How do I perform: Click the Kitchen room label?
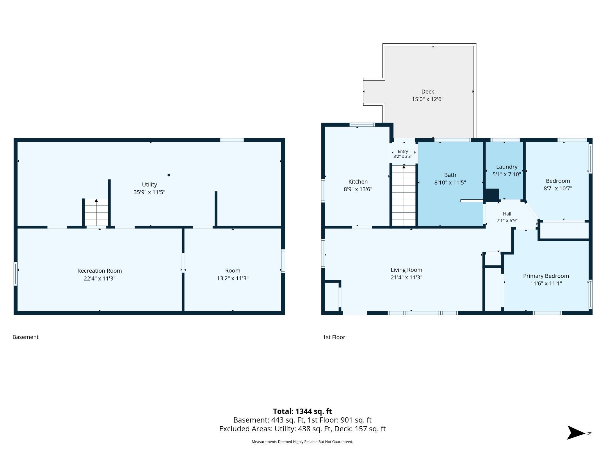358,182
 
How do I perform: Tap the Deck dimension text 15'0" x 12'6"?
427,99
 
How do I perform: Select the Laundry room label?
507,167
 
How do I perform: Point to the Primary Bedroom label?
546,276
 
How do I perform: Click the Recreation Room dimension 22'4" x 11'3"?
99,278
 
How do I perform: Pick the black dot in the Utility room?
169,175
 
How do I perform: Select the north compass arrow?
576,432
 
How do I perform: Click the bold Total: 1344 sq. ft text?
302,411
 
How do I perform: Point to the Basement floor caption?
26,337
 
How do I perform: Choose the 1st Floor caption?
334,337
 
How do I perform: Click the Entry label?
403,151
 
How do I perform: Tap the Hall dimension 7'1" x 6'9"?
507,221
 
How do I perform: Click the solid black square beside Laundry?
492,195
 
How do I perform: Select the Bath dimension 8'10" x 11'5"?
450,182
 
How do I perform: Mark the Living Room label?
406,270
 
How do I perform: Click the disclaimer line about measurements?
302,441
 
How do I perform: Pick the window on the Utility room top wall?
232,140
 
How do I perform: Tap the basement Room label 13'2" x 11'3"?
233,274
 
